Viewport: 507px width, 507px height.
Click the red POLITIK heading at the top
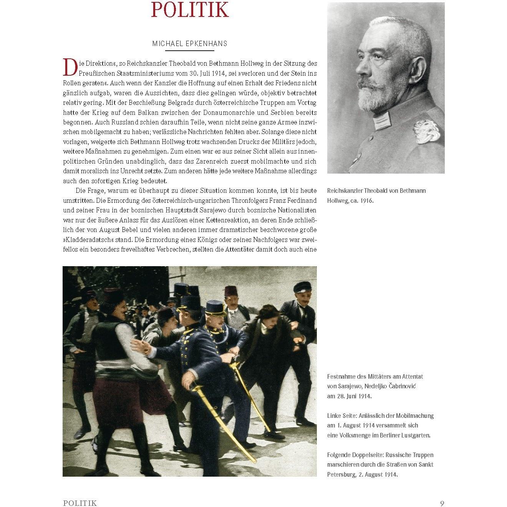190,10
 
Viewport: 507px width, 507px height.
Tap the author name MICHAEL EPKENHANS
190,43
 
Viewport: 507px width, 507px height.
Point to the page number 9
442,503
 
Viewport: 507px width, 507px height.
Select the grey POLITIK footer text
80,503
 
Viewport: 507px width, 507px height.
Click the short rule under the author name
190,51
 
